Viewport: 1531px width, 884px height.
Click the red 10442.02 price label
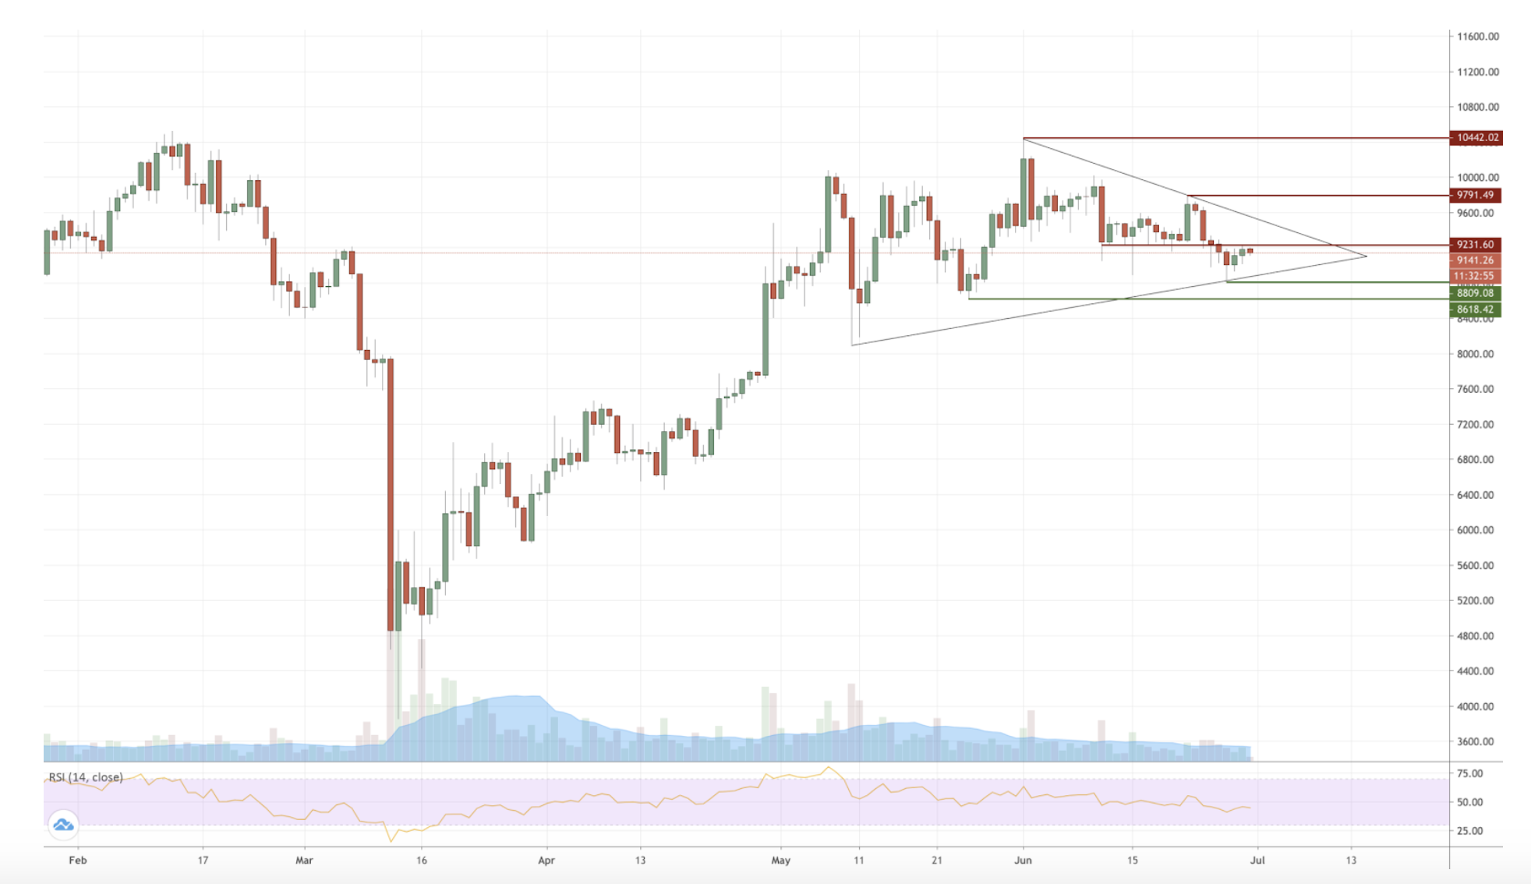point(1476,138)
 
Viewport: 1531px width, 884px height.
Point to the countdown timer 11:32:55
point(1473,276)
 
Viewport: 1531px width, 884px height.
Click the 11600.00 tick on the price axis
point(1478,37)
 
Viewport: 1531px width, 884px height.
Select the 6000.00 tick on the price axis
point(1476,530)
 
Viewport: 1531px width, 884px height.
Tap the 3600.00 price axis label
point(1476,741)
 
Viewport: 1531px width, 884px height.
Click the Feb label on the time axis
point(78,861)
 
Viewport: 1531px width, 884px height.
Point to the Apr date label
point(546,861)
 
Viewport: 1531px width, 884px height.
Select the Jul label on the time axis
point(1257,861)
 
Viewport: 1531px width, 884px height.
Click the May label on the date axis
point(780,861)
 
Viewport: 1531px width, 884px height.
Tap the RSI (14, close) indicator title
point(86,777)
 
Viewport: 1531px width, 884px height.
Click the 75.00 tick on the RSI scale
point(1470,774)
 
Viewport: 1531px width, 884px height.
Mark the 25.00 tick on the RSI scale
point(1470,831)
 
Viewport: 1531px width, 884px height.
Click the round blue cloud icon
point(63,825)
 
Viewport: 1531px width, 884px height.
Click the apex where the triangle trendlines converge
point(1367,256)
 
